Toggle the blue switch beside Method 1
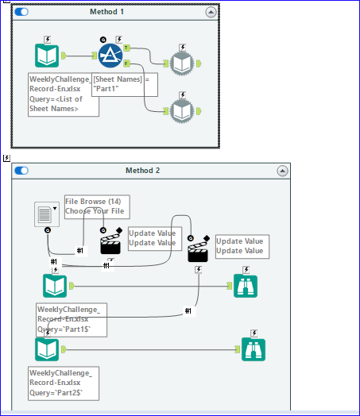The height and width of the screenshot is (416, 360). (x=21, y=12)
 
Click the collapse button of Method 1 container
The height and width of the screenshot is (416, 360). (x=210, y=12)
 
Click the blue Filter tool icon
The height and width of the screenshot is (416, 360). (x=110, y=56)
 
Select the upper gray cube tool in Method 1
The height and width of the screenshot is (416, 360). (x=182, y=64)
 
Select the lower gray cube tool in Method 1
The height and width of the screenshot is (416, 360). (x=182, y=110)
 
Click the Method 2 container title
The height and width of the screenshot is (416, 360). (x=143, y=171)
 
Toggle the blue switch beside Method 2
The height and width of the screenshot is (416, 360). (x=21, y=171)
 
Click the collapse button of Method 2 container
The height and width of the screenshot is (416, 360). (x=282, y=171)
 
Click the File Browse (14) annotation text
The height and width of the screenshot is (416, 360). (x=96, y=206)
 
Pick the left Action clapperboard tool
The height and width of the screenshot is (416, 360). (x=110, y=244)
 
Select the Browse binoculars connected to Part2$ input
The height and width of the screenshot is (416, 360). (x=253, y=349)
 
